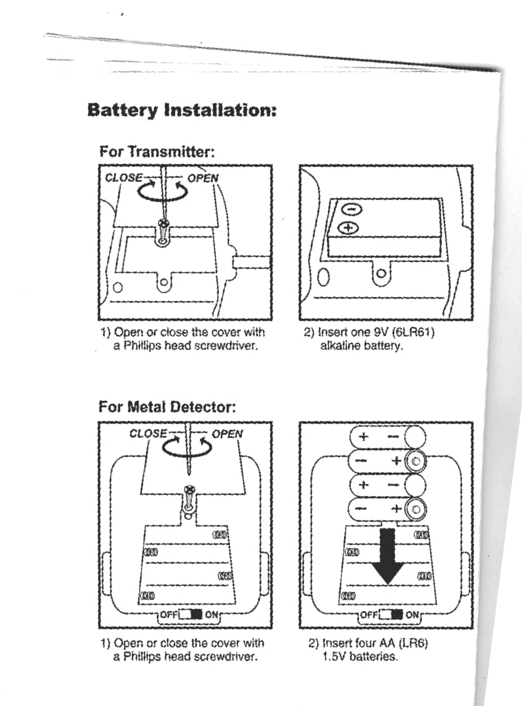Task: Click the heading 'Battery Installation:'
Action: (x=182, y=110)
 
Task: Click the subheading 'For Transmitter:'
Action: (x=157, y=151)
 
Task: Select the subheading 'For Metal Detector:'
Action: (x=167, y=407)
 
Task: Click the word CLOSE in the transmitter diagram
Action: (x=123, y=179)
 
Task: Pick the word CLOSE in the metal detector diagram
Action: (x=148, y=434)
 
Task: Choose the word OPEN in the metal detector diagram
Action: (x=228, y=434)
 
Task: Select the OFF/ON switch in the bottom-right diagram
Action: (x=391, y=615)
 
